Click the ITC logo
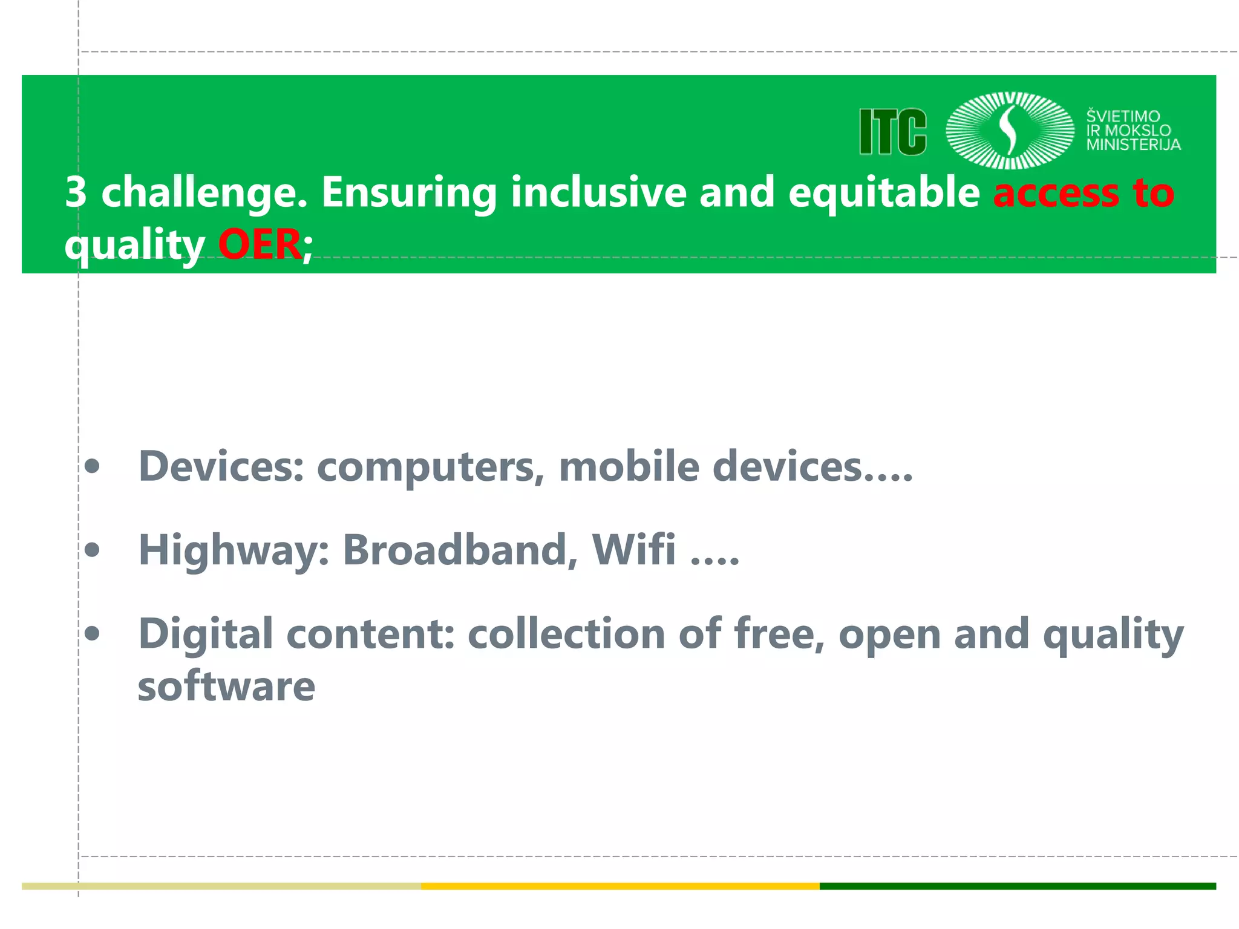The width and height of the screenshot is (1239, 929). click(x=893, y=132)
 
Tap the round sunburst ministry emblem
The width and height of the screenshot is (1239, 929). click(x=1010, y=130)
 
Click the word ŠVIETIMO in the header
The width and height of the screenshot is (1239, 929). click(x=1123, y=116)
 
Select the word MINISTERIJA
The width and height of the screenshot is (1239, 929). click(x=1133, y=145)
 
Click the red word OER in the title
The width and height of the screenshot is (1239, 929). click(x=260, y=244)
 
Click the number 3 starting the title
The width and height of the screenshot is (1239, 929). click(x=76, y=192)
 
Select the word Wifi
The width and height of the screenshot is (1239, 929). click(x=633, y=550)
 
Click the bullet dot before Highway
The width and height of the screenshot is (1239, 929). click(x=93, y=550)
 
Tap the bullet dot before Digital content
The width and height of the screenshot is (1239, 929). click(x=93, y=634)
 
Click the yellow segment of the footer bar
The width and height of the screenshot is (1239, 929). click(x=620, y=886)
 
